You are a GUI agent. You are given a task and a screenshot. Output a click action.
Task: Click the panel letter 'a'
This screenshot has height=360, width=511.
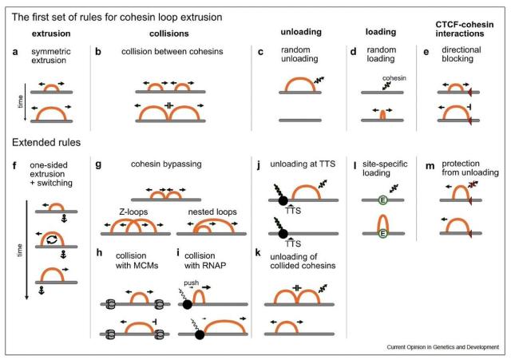[x=15, y=52]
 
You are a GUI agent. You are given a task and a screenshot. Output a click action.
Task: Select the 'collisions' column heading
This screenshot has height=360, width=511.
[x=168, y=34]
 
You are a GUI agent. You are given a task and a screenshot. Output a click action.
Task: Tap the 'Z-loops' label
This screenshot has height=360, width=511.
[x=133, y=212]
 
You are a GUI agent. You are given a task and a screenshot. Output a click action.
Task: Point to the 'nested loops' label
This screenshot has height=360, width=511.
[x=212, y=212]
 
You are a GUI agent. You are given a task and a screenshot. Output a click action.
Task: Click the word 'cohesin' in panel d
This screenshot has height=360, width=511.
[x=394, y=78]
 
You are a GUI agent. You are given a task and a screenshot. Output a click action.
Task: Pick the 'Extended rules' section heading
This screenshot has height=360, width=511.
[x=46, y=142]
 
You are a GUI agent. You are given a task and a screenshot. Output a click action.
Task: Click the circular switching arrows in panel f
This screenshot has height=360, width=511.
[x=51, y=239]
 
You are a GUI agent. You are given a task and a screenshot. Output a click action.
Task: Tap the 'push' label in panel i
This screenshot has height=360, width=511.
[x=192, y=283]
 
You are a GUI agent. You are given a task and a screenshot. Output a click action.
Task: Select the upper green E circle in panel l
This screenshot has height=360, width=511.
[x=383, y=200]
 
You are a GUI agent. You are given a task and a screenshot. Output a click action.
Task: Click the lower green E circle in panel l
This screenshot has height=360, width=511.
[x=383, y=233]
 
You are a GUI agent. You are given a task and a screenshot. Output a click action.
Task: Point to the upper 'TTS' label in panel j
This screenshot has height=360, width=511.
[x=293, y=211]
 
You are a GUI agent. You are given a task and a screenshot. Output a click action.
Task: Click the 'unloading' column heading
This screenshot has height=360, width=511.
[x=301, y=32]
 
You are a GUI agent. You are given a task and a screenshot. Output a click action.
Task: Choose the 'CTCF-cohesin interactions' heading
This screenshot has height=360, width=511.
[x=465, y=29]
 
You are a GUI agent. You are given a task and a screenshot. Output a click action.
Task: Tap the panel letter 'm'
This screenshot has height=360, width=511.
[x=430, y=166]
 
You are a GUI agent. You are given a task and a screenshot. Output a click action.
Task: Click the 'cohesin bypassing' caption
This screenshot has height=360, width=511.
[x=166, y=164]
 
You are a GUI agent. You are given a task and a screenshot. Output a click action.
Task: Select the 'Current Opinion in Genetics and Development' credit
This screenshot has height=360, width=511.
[x=443, y=347]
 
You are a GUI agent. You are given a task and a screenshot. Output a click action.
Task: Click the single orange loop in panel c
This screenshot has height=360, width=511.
[x=300, y=85]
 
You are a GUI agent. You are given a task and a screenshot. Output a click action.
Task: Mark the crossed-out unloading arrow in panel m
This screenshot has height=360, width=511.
[x=473, y=184]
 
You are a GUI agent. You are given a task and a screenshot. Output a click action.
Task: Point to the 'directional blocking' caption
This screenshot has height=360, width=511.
[x=461, y=54]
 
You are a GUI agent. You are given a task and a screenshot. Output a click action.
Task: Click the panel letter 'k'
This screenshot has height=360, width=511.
[x=258, y=252]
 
